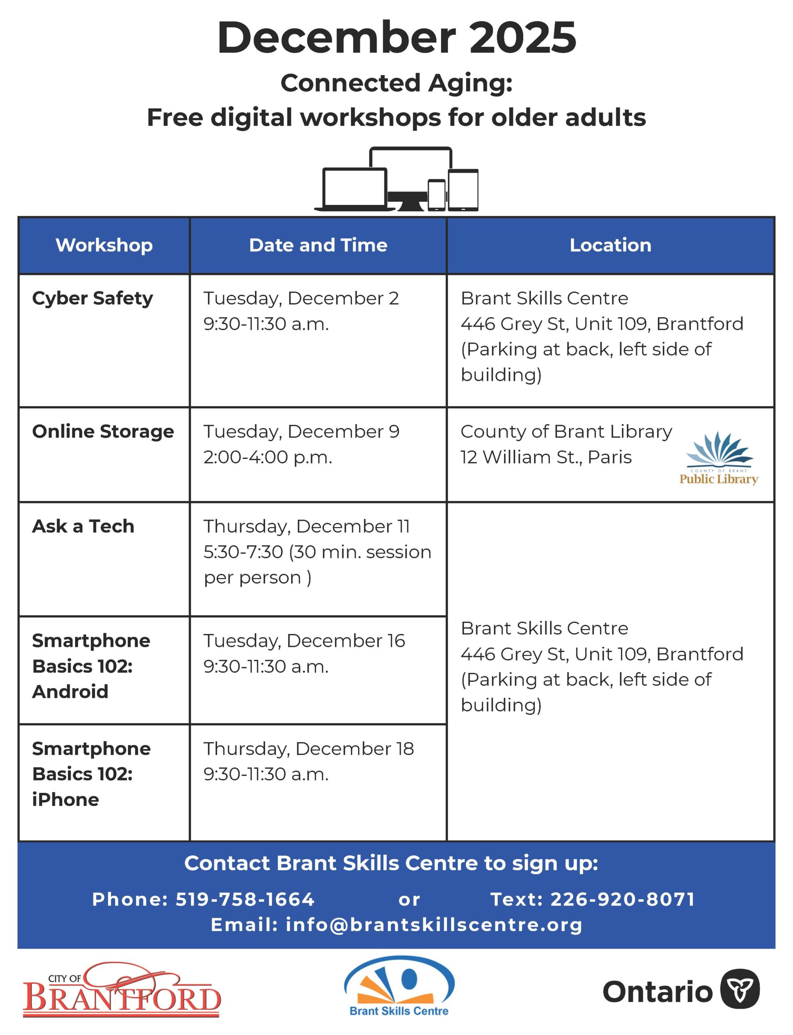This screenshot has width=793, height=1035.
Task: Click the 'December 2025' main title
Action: [397, 38]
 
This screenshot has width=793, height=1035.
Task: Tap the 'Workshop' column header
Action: [104, 245]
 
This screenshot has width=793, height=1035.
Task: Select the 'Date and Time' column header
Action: [318, 245]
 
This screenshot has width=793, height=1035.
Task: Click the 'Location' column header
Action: [610, 245]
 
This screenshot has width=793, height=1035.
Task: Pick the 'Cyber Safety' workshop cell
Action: [93, 298]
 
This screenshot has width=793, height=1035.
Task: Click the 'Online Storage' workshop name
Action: [103, 432]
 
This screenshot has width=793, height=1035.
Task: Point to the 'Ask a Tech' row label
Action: [83, 526]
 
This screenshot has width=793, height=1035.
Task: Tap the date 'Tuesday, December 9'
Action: [301, 432]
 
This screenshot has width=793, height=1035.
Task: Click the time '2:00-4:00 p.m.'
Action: [268, 457]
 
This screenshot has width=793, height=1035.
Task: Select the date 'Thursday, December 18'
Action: [308, 749]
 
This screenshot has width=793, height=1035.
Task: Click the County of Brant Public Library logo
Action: [718, 458]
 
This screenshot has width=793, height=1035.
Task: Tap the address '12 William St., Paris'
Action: [546, 457]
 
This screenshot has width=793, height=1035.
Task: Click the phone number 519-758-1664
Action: [244, 900]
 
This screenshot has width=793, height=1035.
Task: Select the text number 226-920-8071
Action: [623, 900]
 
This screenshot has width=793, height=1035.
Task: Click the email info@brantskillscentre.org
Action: [434, 925]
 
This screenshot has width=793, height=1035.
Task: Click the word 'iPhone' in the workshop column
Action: [65, 800]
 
